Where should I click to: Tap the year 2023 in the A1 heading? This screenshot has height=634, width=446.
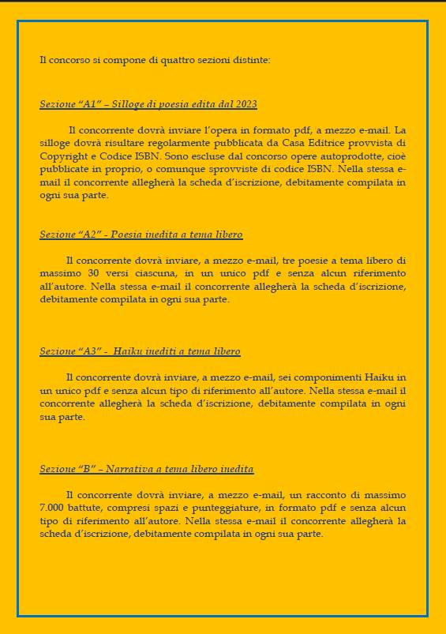pos(246,104)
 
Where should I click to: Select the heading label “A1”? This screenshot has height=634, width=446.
pos(88,104)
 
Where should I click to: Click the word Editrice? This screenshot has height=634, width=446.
pos(308,143)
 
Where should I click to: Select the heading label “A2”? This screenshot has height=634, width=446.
pos(88,234)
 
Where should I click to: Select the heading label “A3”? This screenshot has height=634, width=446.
pos(88,351)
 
